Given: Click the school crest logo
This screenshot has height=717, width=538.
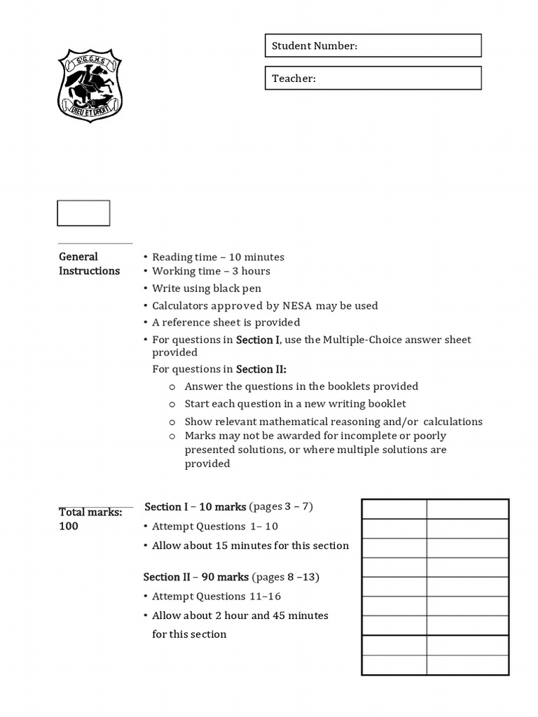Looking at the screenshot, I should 90,85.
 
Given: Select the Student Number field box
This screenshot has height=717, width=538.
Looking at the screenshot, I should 373,46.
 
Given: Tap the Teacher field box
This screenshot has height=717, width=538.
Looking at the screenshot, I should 373,78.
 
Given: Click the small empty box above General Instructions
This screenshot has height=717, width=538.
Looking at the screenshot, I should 83,214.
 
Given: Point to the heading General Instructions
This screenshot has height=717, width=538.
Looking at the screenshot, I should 89,264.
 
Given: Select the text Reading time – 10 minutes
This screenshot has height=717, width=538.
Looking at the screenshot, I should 218,257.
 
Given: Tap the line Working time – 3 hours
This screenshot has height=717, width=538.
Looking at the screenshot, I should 211,271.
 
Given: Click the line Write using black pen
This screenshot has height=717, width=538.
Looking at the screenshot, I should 207,288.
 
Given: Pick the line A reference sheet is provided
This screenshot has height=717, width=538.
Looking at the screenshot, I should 226,322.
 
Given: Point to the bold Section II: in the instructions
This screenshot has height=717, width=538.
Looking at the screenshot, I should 261,369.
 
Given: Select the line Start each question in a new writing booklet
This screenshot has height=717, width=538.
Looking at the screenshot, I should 295,403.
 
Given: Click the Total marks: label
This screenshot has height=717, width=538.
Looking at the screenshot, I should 90,513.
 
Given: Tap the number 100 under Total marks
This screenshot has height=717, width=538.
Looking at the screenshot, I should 69,527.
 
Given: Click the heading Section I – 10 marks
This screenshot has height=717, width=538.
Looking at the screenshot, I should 195,506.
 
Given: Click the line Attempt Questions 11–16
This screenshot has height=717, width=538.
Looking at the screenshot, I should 216,597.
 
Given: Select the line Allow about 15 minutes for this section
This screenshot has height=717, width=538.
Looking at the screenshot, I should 250,545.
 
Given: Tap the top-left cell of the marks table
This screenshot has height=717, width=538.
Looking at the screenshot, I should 394,509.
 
